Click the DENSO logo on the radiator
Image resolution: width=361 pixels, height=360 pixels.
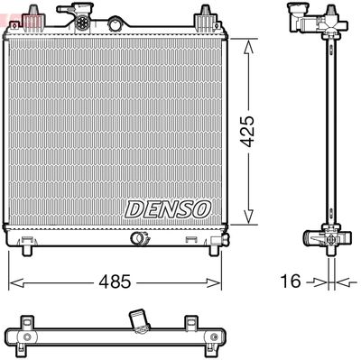click(167, 208)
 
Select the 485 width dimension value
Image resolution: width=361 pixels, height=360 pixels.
click(116, 282)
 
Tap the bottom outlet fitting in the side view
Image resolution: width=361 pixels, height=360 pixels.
click(323, 238)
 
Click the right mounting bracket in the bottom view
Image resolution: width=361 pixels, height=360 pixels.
click(190, 323)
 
